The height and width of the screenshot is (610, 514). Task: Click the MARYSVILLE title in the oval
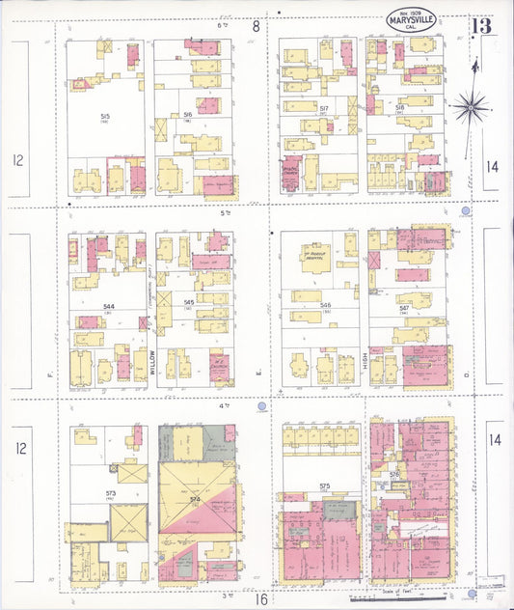pos(412,19)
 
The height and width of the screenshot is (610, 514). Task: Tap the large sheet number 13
pos(481,25)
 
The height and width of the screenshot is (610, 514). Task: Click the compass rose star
pos(470,106)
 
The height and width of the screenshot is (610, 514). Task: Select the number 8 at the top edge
pos(256,26)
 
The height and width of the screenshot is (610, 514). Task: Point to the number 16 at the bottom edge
pos(260,598)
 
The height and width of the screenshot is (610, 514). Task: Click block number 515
pos(103,115)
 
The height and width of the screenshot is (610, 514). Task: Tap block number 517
pos(324,108)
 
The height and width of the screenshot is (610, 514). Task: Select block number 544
pos(109,306)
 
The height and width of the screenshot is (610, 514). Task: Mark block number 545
pos(190,303)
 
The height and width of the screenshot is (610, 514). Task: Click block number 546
pos(324,303)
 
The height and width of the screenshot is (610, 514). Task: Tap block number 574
pos(195,499)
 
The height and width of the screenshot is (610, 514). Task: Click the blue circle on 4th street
pos(260,409)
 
